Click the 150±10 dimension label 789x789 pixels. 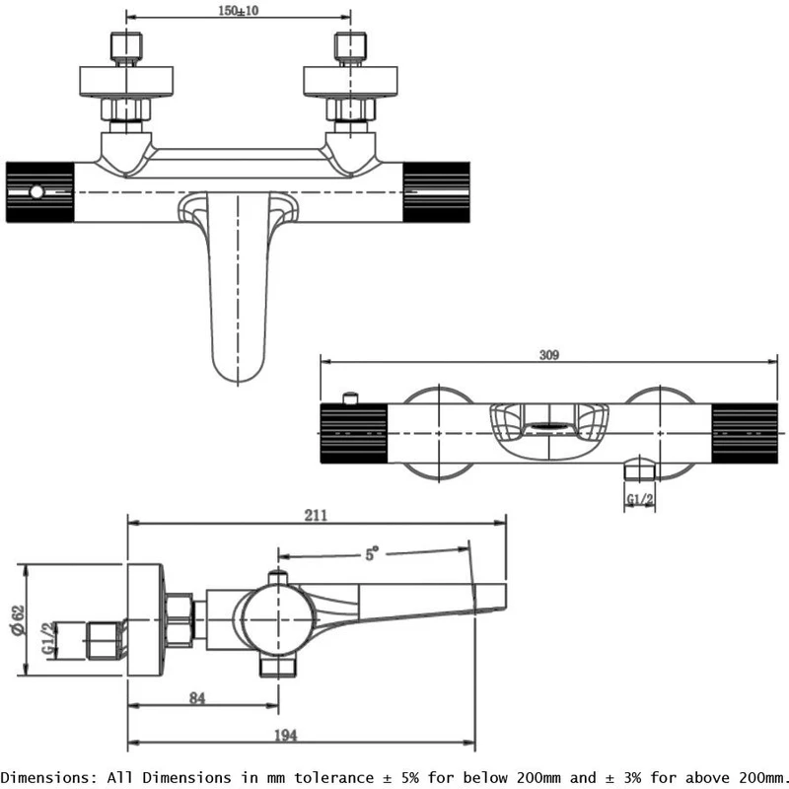click(239, 11)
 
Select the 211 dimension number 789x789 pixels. click(316, 515)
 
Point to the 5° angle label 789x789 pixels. click(372, 554)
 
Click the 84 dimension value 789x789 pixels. click(197, 699)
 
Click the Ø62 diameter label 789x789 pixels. click(17, 619)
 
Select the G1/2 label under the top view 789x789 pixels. click(641, 500)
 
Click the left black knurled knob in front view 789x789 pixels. click(39, 190)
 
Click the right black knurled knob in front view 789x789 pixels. click(440, 190)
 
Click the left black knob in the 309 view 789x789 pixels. click(355, 433)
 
